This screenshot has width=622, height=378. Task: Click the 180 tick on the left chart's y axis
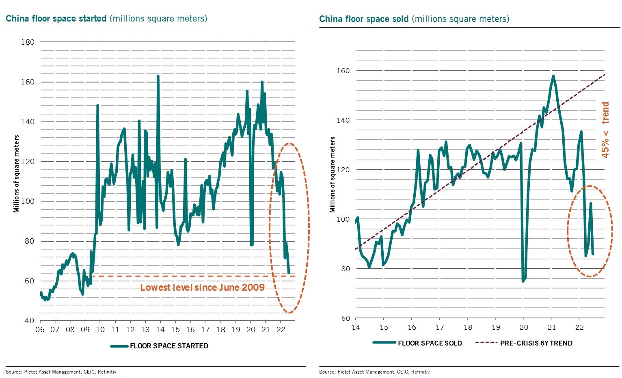[x=28, y=42]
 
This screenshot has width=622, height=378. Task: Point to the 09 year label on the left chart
[x=85, y=330]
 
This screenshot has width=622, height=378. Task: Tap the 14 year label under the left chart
[x=160, y=330]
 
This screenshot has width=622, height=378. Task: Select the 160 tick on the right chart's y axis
[x=343, y=71]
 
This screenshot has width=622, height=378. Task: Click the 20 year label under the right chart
[x=524, y=328]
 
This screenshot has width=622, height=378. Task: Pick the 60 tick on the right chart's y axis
[x=346, y=318]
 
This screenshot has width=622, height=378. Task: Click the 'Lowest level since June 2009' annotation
[x=203, y=287]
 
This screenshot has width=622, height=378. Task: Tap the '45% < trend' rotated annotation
[x=605, y=130]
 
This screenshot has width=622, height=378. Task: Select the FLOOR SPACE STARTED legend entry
[x=160, y=346]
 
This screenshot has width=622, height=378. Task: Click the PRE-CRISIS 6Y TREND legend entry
[x=524, y=343]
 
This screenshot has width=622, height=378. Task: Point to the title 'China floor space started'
[x=56, y=18]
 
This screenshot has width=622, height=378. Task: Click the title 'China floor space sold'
[x=364, y=19]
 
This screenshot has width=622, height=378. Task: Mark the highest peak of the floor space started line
[x=158, y=76]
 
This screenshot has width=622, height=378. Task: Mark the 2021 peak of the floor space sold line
[x=553, y=76]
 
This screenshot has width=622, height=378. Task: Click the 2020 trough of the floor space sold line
[x=523, y=281]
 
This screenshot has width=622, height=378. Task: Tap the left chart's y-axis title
[x=16, y=174]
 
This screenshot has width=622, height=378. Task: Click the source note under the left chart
[x=61, y=372]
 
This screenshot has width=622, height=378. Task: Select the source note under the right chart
[x=374, y=372]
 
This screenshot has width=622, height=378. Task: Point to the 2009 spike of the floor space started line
[x=97, y=105]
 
